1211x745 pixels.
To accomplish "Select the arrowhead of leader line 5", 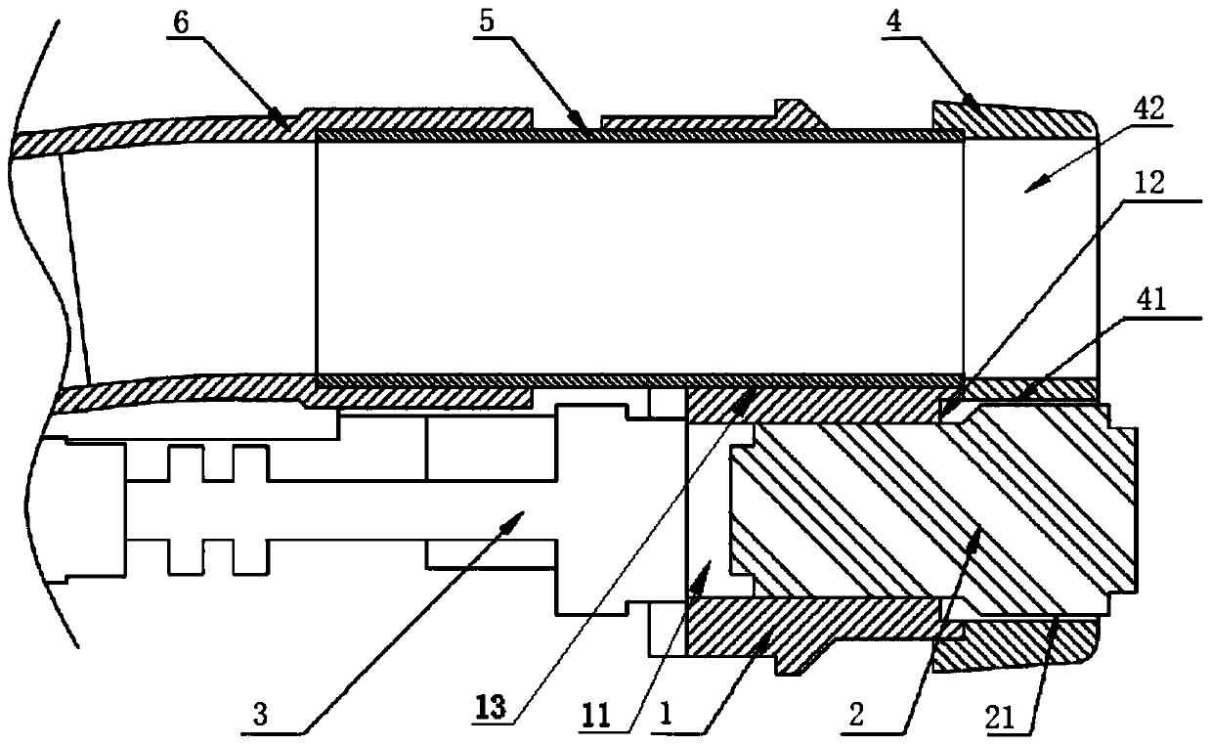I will coord(586,131).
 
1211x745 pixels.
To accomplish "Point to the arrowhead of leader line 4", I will coord(976,104).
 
